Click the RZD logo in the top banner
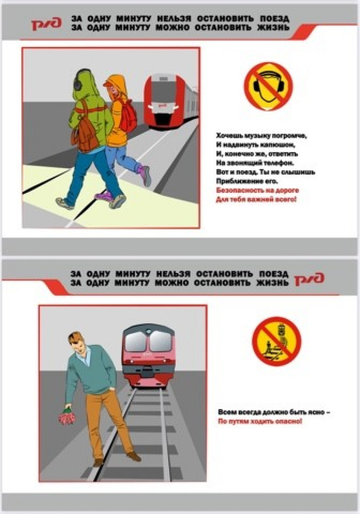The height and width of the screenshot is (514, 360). coord(47,24)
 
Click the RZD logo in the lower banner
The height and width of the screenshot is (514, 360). coord(309,279)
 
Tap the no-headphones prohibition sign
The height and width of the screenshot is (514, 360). coord(268,86)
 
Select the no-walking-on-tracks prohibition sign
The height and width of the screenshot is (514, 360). coord(276,341)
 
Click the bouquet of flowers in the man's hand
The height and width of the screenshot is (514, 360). coord(67,416)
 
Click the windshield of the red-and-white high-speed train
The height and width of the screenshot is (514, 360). coord(161,91)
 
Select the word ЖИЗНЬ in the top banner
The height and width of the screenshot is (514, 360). coord(274,28)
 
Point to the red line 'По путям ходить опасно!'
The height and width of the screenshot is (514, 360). coord(260,421)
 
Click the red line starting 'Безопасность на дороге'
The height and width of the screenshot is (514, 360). coord(258,190)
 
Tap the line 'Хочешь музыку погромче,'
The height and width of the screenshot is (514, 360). coord(261,136)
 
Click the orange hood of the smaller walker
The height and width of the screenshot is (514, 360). coord(117,85)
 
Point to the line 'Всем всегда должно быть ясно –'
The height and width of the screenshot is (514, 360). coord(274,412)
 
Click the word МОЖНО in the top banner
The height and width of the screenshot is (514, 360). coord(172,28)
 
